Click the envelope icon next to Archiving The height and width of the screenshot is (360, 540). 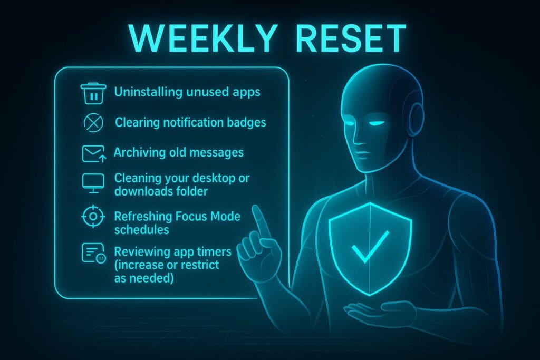[93, 153]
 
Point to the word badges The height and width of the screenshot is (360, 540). [246, 123]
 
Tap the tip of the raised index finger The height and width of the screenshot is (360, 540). [257, 209]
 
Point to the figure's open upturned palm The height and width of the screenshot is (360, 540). [369, 311]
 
